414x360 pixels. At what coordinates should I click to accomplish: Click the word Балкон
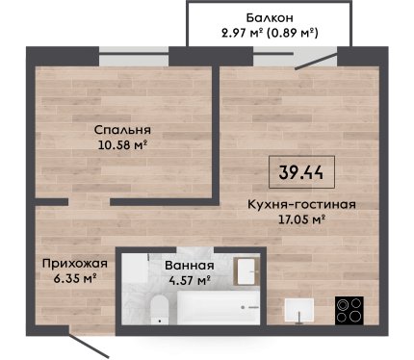[x=270, y=18]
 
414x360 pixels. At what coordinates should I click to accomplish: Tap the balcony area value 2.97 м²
[x=243, y=33]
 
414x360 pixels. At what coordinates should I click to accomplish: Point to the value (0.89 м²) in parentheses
[x=293, y=33]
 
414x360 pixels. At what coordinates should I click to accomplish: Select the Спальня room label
[x=122, y=131]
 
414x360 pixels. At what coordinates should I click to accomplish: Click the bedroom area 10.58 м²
[x=122, y=145]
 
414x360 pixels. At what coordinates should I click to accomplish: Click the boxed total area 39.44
[x=301, y=172]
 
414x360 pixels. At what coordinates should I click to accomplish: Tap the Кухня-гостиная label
[x=301, y=204]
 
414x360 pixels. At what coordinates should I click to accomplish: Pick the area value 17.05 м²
[x=301, y=219]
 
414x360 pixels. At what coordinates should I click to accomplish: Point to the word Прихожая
[x=75, y=265]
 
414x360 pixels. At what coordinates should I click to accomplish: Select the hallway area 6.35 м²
[x=75, y=279]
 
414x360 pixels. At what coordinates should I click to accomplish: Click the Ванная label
[x=190, y=266]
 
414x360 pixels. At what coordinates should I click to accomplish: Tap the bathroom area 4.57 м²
[x=190, y=281]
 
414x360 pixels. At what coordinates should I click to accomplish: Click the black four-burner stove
[x=349, y=311]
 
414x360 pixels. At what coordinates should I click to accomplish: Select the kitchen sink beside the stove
[x=299, y=310]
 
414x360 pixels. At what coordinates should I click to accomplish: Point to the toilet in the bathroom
[x=160, y=310]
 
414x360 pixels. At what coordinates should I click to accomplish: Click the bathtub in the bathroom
[x=219, y=308]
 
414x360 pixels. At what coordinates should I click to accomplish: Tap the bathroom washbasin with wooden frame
[x=247, y=271]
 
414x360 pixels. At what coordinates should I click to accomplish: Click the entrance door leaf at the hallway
[x=89, y=346]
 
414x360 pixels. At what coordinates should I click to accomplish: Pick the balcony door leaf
[x=317, y=61]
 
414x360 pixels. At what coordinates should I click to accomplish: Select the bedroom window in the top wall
[x=134, y=57]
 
